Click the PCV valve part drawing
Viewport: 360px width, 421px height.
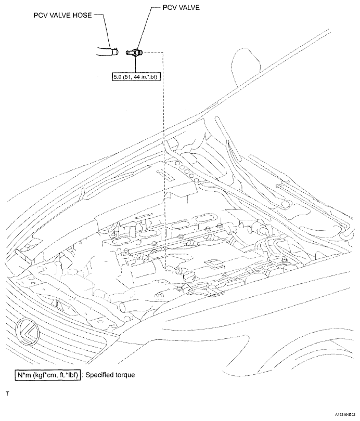(x=135, y=52)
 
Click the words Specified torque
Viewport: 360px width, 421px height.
(x=110, y=375)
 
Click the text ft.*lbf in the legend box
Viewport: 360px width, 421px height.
(x=69, y=375)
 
